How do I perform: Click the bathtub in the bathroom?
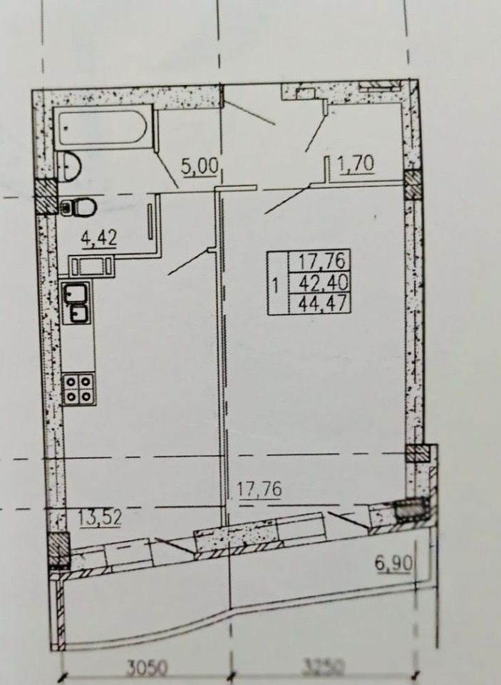103,128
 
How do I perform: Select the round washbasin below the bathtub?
69,166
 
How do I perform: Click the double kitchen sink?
77,303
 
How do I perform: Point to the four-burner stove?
78,390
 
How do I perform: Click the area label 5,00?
199,167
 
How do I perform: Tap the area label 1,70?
355,164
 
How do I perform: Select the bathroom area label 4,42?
98,238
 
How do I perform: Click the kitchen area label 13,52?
100,519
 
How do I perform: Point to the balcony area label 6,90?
393,563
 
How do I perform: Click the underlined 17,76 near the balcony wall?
259,489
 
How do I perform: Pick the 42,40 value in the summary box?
323,283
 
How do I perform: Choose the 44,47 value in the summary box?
323,303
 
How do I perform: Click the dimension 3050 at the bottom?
147,668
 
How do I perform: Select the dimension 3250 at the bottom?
324,667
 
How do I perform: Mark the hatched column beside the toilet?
46,197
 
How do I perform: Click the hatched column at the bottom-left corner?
58,549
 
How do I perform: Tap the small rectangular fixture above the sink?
91,266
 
